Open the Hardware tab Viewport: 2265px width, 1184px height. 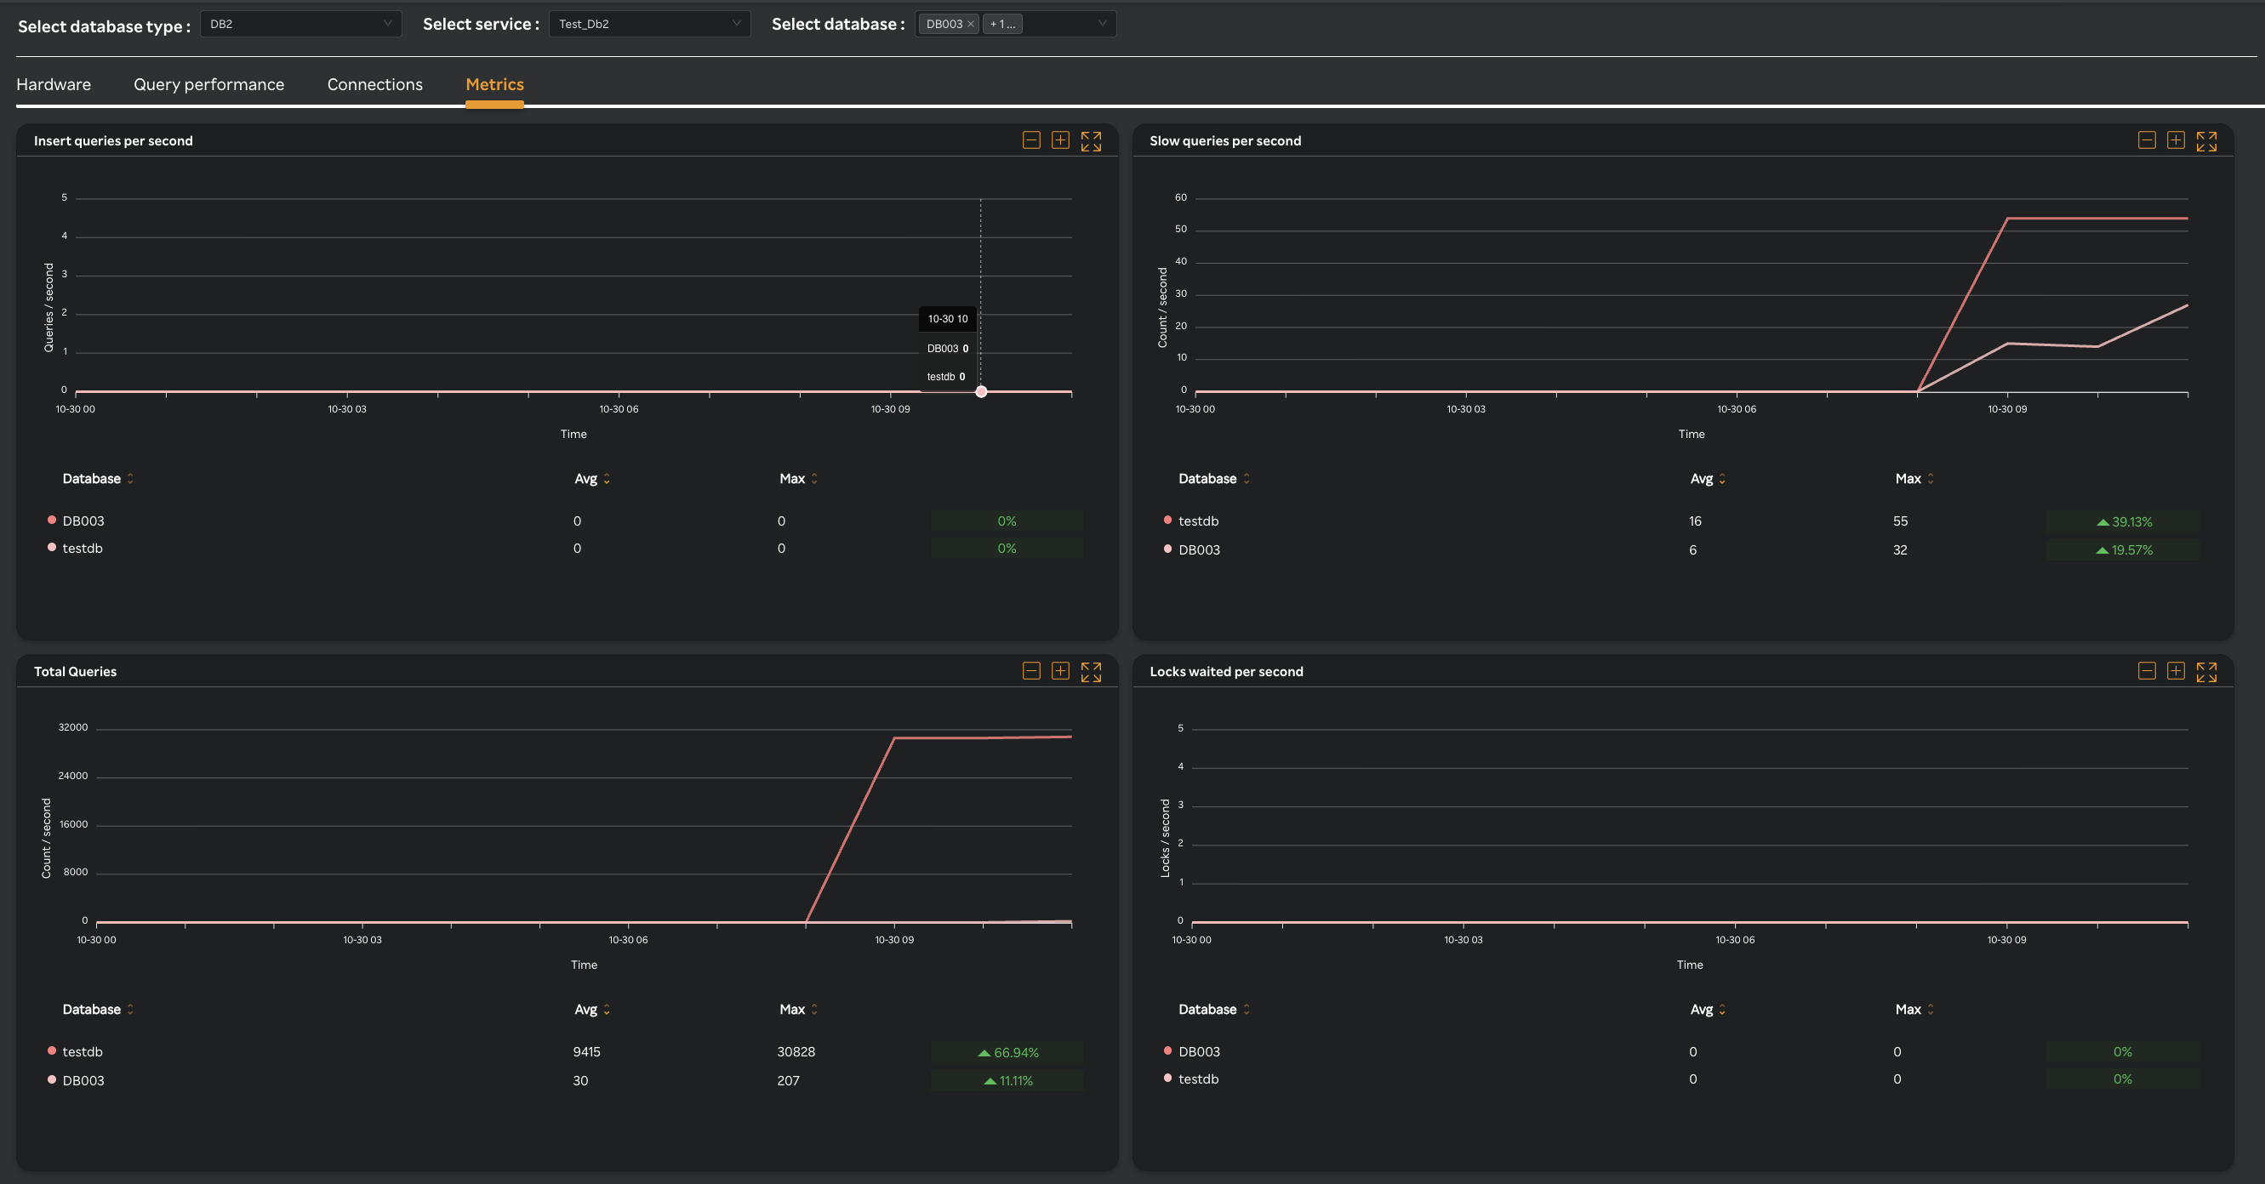[54, 84]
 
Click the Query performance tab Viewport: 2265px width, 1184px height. [208, 84]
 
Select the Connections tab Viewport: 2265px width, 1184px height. [374, 84]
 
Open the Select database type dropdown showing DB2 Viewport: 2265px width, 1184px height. [300, 24]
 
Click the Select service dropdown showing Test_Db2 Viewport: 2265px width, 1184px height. [649, 24]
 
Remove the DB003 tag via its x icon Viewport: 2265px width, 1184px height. [971, 25]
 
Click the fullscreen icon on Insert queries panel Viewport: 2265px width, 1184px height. [1090, 140]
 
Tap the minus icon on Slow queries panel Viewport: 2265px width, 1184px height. [2146, 140]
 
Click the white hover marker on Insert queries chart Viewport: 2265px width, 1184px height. [981, 392]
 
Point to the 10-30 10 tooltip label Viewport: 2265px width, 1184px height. [947, 319]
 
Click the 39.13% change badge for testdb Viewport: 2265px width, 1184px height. [2123, 522]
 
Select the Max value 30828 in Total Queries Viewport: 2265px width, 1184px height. [796, 1052]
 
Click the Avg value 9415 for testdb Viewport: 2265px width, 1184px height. [586, 1052]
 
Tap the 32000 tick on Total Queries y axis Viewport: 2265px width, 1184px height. [73, 728]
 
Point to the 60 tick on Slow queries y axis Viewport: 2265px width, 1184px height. [1180, 198]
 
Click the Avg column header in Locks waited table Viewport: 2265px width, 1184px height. [1702, 1009]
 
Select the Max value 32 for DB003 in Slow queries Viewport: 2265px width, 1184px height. [1900, 550]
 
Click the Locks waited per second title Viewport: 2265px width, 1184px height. [1226, 672]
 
